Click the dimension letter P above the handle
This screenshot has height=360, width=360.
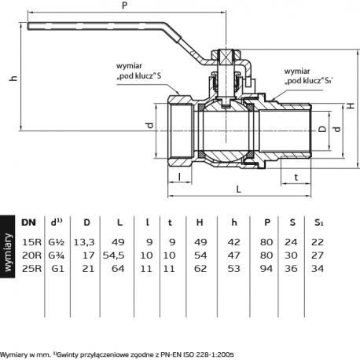(124, 5)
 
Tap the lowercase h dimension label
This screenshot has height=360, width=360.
(13, 78)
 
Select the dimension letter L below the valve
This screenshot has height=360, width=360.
(238, 189)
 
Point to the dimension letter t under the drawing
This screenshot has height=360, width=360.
(296, 178)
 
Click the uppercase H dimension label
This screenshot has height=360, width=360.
(351, 105)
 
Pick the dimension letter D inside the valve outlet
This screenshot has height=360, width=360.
(322, 129)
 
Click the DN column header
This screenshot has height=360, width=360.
(28, 222)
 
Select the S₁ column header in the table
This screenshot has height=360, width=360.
(318, 222)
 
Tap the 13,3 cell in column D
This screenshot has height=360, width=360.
(84, 242)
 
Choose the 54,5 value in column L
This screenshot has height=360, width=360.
(113, 255)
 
